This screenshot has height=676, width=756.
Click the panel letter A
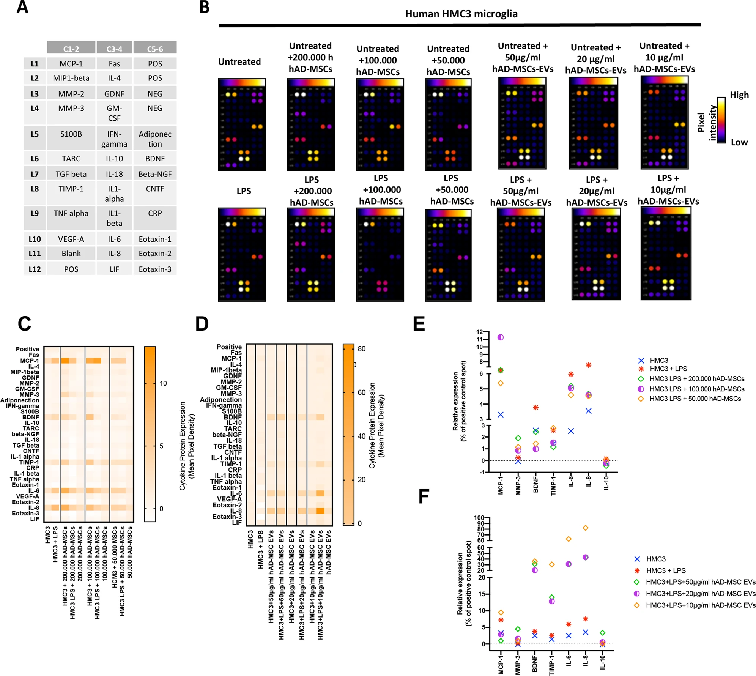coord(22,7)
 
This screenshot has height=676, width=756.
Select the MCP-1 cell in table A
coord(71,64)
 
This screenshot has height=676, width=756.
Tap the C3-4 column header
coord(114,49)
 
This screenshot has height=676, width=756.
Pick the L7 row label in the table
coord(35,174)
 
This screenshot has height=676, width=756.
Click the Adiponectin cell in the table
coord(155,139)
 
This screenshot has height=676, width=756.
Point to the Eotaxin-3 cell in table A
coord(155,269)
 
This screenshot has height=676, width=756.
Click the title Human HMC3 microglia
coord(461,14)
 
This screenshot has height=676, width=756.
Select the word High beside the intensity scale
coord(739,95)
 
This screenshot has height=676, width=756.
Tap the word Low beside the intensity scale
coord(739,142)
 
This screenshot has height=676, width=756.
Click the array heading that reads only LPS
coord(244,191)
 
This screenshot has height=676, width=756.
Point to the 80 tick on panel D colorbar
coord(362,349)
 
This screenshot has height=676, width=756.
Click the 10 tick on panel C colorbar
coord(163,383)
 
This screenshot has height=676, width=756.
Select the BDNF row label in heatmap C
coord(31,417)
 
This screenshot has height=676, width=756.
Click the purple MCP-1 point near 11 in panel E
coord(501,337)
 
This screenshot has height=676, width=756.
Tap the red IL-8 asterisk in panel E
coord(588,365)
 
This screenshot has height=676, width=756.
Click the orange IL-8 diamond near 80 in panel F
coord(586,528)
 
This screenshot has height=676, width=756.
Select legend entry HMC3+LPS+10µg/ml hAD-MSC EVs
coord(700,605)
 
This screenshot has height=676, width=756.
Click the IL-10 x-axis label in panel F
coord(602,662)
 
